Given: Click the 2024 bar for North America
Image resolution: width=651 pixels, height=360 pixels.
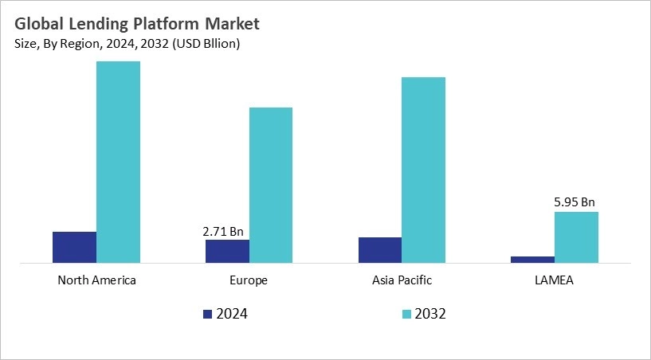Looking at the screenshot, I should click(74, 247).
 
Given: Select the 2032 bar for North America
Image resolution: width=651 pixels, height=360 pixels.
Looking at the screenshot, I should click(118, 162).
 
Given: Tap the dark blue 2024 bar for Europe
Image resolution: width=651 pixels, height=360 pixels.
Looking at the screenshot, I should click(227, 251).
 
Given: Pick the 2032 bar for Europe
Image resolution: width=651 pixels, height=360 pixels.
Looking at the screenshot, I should click(271, 185).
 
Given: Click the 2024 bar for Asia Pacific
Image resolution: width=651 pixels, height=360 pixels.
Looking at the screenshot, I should click(380, 249).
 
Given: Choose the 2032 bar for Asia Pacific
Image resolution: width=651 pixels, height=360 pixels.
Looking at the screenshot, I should click(423, 170).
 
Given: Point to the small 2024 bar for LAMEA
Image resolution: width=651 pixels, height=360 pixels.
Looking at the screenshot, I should click(532, 259).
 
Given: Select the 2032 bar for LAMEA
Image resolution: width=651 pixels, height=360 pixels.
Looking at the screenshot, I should click(576, 237).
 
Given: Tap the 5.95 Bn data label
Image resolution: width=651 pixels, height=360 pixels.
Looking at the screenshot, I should click(575, 202).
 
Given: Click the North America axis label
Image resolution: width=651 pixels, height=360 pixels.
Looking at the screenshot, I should click(96, 280).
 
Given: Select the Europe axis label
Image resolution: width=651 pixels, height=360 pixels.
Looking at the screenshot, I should click(249, 280).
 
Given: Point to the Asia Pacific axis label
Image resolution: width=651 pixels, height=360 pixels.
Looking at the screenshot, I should click(402, 280).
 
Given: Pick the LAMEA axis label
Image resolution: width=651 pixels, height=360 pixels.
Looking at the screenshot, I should click(555, 280).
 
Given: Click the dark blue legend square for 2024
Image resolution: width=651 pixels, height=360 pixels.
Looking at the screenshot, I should click(208, 314).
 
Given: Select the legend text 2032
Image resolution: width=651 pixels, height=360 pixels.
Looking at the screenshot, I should click(430, 314).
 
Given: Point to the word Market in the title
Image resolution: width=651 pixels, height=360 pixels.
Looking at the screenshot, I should click(231, 24).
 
